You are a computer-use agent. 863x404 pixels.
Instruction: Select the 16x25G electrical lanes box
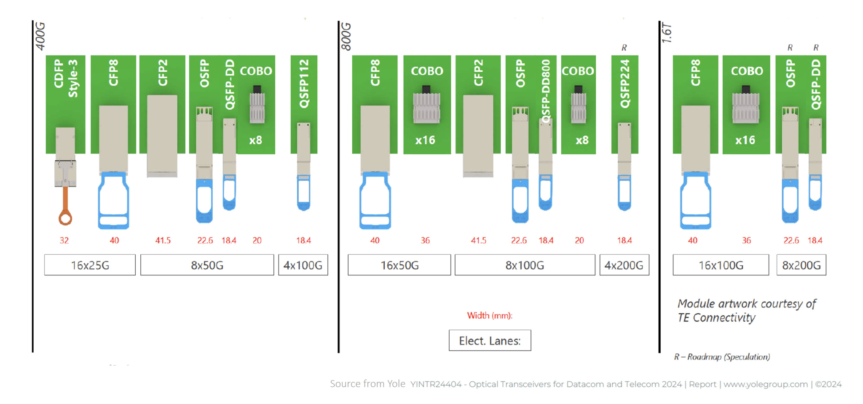pyautogui.click(x=90, y=265)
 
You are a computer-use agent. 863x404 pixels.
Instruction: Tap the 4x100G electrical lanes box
pyautogui.click(x=303, y=265)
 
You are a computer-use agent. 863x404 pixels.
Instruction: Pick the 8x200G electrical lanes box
pyautogui.click(x=801, y=265)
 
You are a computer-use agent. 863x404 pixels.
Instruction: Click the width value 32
pyautogui.click(x=64, y=240)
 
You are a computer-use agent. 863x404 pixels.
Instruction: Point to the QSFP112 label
pyautogui.click(x=304, y=83)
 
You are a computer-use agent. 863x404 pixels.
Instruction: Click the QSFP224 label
pyautogui.click(x=625, y=83)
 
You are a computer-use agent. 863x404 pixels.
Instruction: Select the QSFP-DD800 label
pyautogui.click(x=546, y=91)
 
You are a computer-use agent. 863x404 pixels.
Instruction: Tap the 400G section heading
pyautogui.click(x=40, y=36)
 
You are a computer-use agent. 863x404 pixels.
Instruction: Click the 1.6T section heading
pyautogui.click(x=667, y=33)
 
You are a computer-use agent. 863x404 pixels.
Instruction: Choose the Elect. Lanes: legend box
pyautogui.click(x=490, y=340)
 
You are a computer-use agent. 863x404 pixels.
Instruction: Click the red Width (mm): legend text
pyautogui.click(x=490, y=315)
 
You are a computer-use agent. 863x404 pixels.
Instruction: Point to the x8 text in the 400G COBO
pyautogui.click(x=255, y=140)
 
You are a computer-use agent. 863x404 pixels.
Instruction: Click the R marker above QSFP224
pyautogui.click(x=624, y=48)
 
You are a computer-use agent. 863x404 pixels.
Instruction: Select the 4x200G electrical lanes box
pyautogui.click(x=624, y=265)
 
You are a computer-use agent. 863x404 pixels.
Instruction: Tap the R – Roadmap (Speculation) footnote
pyautogui.click(x=722, y=357)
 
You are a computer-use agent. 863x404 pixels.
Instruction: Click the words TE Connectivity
pyautogui.click(x=716, y=318)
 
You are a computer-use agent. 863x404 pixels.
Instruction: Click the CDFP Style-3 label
pyautogui.click(x=66, y=78)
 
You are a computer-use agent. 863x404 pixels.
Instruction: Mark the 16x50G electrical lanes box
pyautogui.click(x=399, y=265)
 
